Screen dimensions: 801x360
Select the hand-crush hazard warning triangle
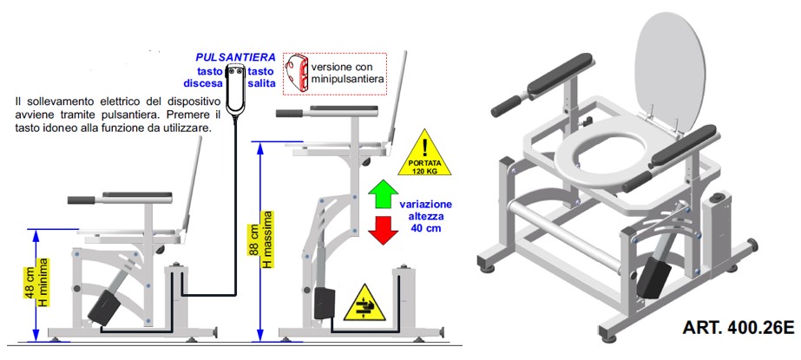coord(364,304)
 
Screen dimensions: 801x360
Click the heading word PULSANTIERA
coord(236,56)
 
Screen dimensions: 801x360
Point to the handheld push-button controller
coord(235,90)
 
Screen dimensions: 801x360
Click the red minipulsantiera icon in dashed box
coord(298,73)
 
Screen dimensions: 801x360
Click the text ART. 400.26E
coord(738,327)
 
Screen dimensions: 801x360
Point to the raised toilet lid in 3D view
coord(670,71)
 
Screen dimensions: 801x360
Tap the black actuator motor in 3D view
coord(653,276)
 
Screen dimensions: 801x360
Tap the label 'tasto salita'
coord(260,77)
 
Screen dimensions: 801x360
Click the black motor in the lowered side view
coord(106,307)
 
